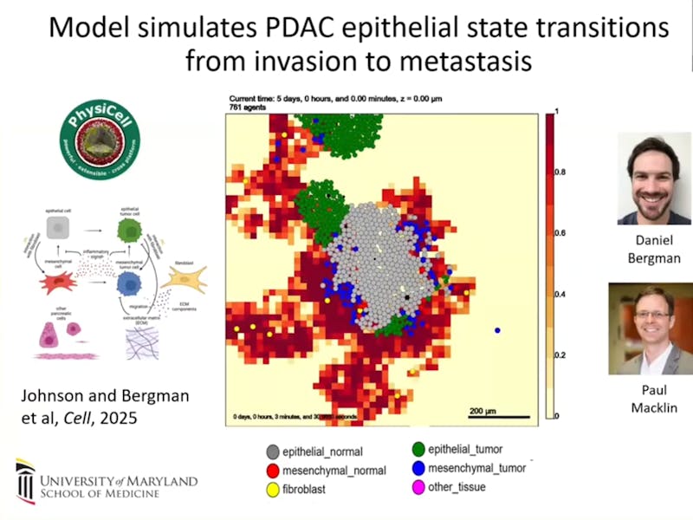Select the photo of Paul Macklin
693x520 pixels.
(x=650, y=328)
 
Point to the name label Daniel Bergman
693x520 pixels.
(x=654, y=250)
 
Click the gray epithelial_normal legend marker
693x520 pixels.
(x=273, y=452)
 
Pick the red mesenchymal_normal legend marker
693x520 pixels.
(x=273, y=470)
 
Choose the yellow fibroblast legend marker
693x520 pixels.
(x=273, y=488)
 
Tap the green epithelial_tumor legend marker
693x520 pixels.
(x=418, y=449)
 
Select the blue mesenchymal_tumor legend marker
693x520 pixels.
(x=418, y=468)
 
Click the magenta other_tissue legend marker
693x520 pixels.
(x=418, y=486)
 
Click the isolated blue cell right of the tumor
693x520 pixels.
(x=498, y=330)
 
